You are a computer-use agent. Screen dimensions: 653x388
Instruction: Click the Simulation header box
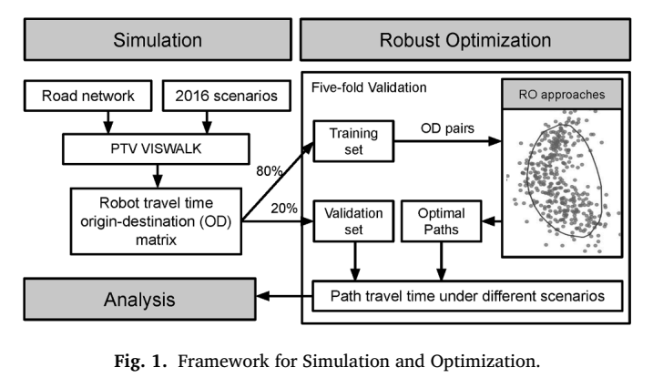click(158, 39)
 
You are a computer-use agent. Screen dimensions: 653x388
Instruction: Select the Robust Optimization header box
click(465, 39)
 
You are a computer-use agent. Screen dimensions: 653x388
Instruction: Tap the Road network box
click(87, 96)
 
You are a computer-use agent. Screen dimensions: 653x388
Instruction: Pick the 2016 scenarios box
click(226, 96)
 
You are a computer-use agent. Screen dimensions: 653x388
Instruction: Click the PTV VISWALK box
click(156, 148)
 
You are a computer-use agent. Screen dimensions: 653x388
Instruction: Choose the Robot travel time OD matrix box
click(156, 221)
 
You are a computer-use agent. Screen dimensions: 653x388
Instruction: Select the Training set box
click(353, 141)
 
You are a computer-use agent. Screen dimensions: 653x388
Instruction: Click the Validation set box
click(353, 221)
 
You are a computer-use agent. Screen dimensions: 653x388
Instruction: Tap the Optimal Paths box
click(441, 221)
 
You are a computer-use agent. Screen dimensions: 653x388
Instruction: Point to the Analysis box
click(139, 300)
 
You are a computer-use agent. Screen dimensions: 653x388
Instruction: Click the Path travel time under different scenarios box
click(467, 296)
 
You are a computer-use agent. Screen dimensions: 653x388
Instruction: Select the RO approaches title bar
click(562, 95)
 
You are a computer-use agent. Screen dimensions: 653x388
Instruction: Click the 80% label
click(269, 171)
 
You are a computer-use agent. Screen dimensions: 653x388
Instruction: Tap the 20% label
click(284, 209)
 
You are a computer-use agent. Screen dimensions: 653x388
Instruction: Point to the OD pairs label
click(447, 128)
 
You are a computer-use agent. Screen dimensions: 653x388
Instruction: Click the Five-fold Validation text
click(369, 87)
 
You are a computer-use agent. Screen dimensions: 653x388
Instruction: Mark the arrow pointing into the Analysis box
click(284, 296)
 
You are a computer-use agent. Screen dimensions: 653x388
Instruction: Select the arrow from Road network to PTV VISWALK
click(107, 122)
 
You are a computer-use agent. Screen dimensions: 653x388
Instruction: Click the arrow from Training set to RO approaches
click(448, 141)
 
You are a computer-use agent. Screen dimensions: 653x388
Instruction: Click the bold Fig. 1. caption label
click(141, 361)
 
